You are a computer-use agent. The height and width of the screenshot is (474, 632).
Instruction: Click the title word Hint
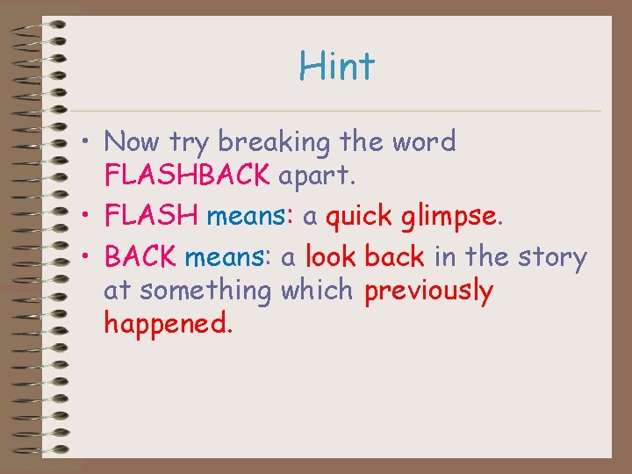pyautogui.click(x=336, y=66)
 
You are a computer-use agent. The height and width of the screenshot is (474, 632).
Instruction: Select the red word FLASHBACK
pyautogui.click(x=186, y=175)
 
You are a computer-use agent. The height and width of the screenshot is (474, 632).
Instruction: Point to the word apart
pyautogui.click(x=317, y=175)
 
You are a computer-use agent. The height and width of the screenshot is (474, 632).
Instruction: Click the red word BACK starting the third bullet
pyautogui.click(x=140, y=257)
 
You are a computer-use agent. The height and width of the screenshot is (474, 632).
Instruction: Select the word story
pyautogui.click(x=552, y=258)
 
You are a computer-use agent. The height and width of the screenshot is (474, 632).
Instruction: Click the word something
pyautogui.click(x=205, y=291)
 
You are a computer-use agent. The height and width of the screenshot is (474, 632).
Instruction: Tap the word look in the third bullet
pyautogui.click(x=332, y=257)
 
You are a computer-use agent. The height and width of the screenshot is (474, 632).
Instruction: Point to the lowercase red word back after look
pyautogui.click(x=394, y=257)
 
